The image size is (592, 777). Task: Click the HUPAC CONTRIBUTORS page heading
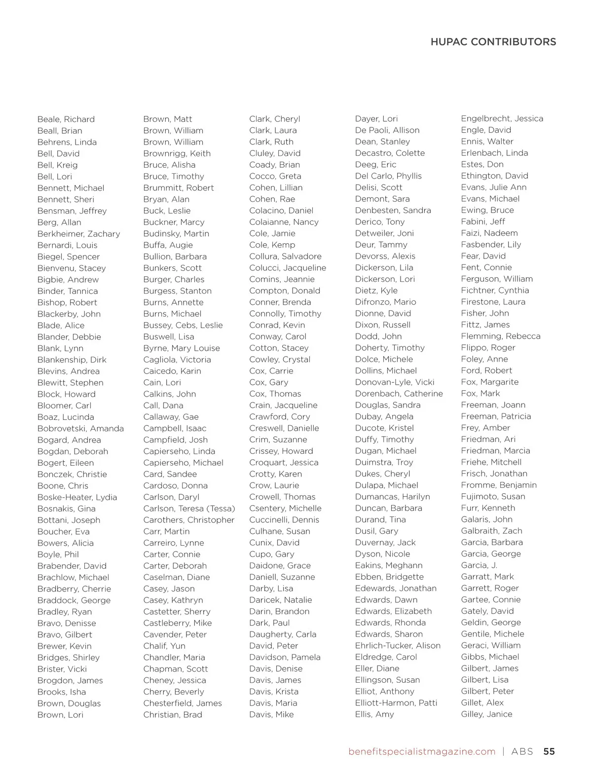click(493, 42)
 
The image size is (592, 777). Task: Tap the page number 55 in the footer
click(549, 751)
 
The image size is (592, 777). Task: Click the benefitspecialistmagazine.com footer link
click(421, 751)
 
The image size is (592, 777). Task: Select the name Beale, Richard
click(66, 119)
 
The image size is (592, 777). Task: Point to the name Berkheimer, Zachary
click(78, 234)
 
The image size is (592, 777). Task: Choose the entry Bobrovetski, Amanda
click(80, 429)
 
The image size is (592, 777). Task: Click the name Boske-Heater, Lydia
click(77, 497)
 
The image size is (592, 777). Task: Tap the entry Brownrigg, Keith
click(177, 153)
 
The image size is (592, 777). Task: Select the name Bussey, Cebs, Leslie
click(183, 326)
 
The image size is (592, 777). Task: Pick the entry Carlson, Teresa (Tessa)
click(189, 509)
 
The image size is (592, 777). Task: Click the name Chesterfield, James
click(183, 703)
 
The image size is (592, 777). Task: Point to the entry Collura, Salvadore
click(285, 257)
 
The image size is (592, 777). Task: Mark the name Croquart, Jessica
click(284, 463)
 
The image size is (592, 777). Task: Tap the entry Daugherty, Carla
click(283, 634)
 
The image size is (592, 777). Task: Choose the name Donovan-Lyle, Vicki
click(395, 382)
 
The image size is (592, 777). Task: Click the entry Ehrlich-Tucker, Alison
click(398, 646)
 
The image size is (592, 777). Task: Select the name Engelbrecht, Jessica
click(502, 119)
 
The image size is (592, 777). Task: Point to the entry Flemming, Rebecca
click(500, 336)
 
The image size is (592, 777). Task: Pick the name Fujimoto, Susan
click(493, 497)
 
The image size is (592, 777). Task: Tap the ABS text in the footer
click(522, 751)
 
